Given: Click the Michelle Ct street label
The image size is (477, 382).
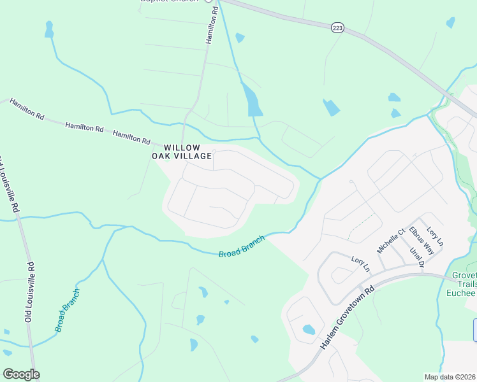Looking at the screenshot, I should coord(391,241).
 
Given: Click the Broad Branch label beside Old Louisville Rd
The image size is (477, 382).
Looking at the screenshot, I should coord(68,310).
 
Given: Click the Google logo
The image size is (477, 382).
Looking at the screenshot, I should coord(21,374).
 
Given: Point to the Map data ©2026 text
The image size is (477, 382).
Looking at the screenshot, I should coord(450,377).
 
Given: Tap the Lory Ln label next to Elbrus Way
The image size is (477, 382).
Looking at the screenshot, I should coord(435,236).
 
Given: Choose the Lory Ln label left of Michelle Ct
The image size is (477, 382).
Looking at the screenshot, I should coord(360,263).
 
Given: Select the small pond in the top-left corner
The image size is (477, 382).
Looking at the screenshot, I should coord(48,29).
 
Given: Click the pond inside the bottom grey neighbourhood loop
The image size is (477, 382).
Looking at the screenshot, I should coord(309,330).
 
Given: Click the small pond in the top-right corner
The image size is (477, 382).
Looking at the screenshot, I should coord(451,22).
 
